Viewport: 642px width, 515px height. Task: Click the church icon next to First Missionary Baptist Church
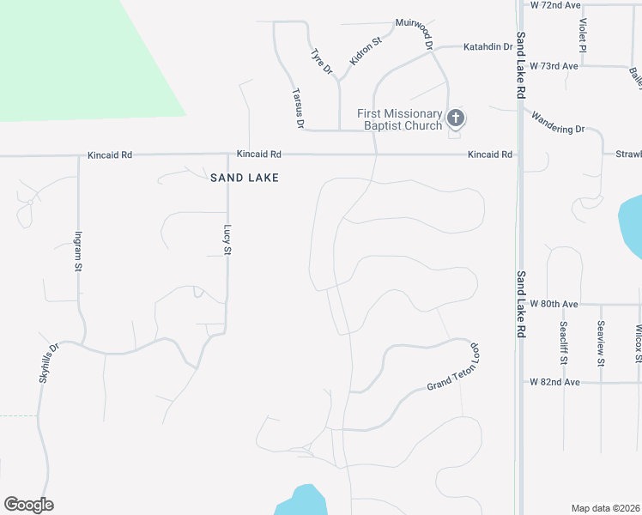[455, 118]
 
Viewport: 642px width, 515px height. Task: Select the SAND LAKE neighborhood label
[245, 178]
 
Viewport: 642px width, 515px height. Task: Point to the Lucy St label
[227, 239]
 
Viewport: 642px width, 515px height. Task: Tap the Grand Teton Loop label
[453, 369]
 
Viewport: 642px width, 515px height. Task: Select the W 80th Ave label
[554, 304]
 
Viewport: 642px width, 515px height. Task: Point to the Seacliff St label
[563, 343]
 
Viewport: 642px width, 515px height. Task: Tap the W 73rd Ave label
[554, 65]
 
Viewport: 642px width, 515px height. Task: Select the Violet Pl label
[583, 35]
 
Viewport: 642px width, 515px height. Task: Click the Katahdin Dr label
[488, 47]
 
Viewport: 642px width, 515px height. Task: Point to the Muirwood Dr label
[415, 28]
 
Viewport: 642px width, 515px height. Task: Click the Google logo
[28, 505]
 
